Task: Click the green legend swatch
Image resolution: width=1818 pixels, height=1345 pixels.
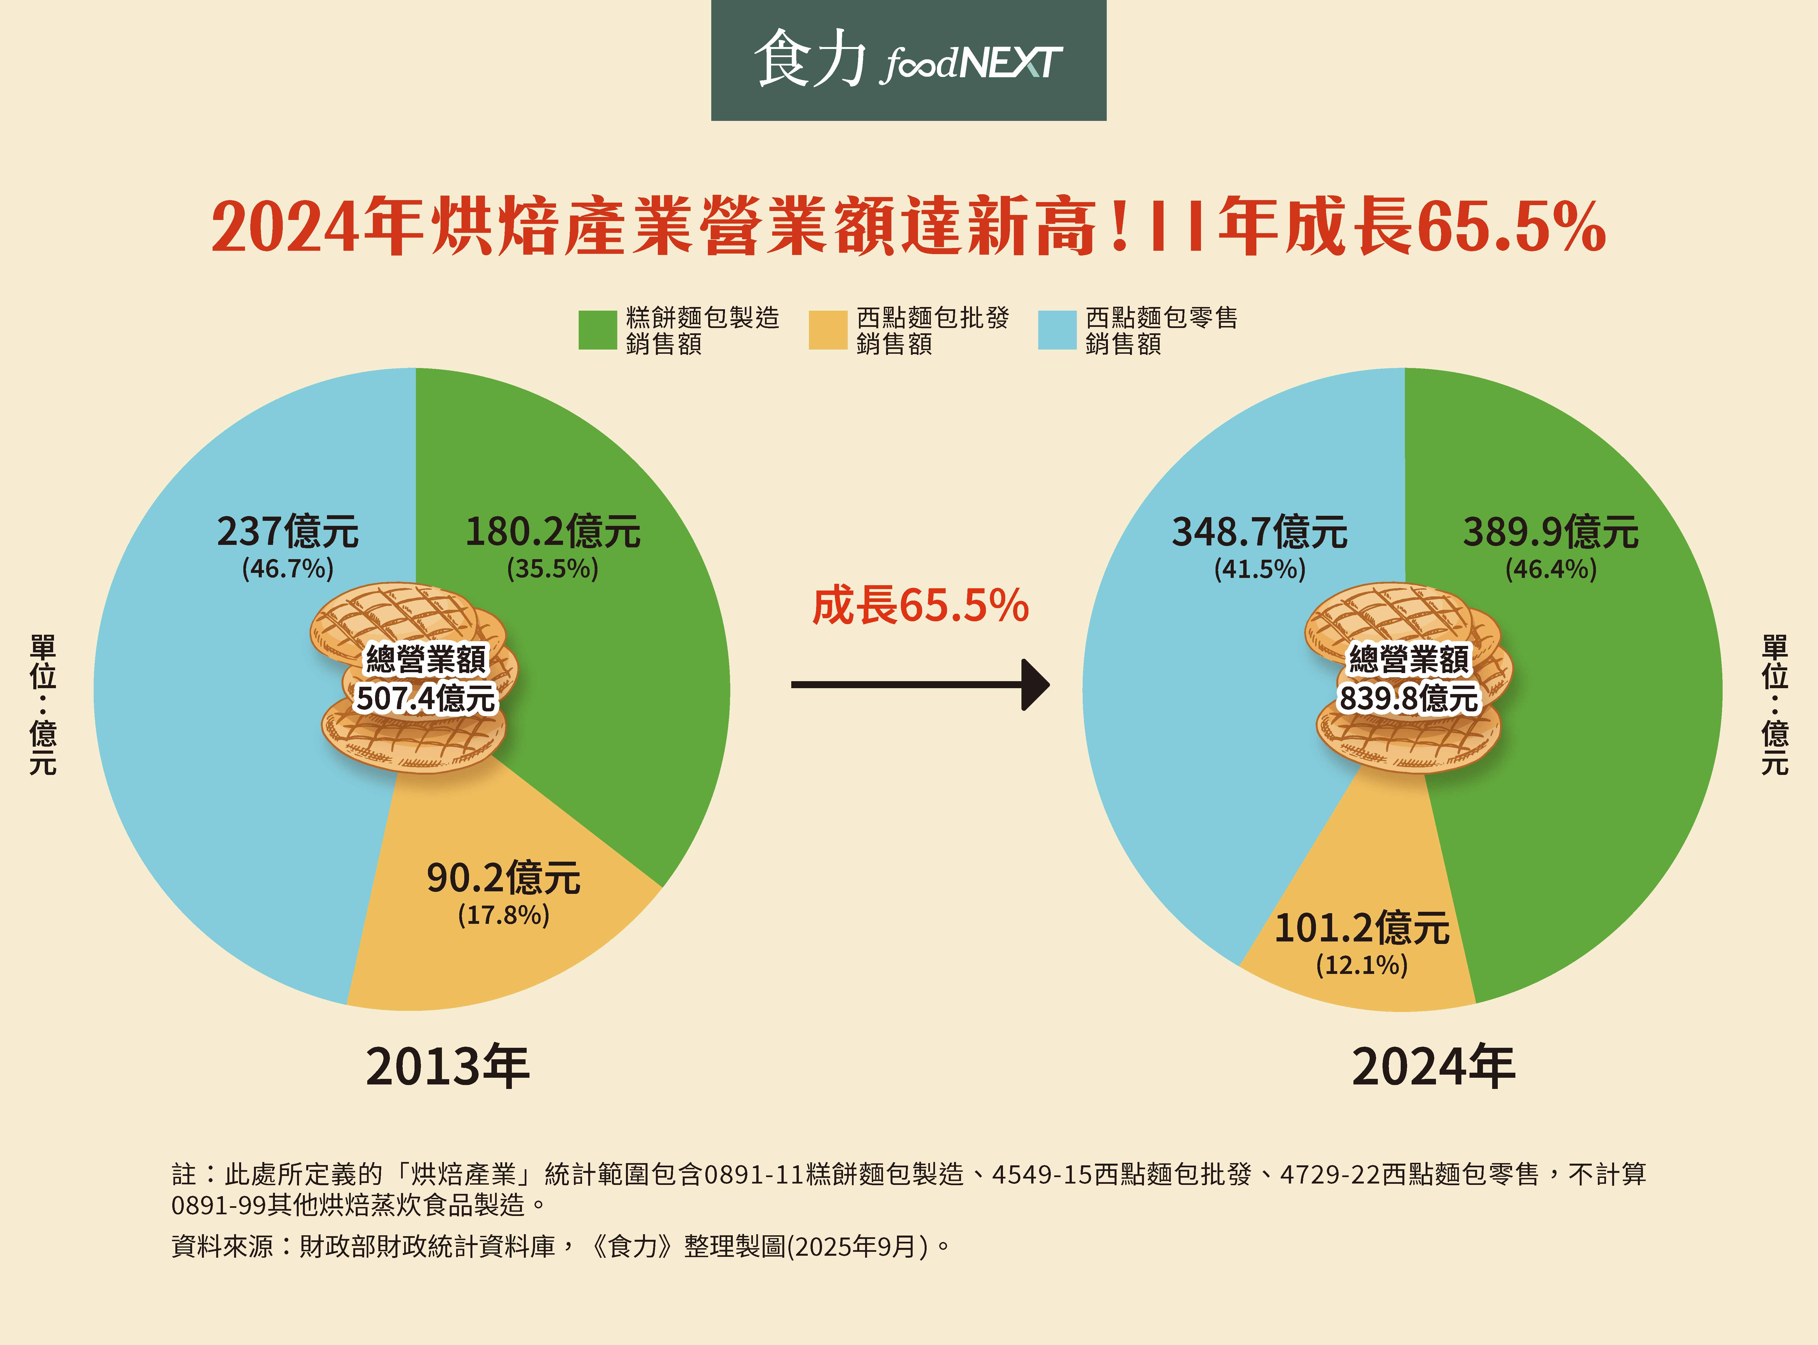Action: pos(597,330)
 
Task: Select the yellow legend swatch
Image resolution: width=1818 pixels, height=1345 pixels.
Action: pos(828,330)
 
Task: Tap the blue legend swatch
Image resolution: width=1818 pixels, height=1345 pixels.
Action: pos(1057,330)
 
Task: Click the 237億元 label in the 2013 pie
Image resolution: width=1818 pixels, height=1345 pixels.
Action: pos(287,532)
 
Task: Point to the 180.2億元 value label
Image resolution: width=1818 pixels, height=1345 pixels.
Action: pos(553,532)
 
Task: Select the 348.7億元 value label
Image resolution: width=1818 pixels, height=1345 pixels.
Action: pos(1259,532)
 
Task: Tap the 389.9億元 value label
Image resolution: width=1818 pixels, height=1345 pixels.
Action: pos(1550,532)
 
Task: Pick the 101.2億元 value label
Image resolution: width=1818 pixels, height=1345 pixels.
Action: pos(1362,928)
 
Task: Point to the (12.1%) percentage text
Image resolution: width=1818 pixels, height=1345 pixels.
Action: pos(1362,966)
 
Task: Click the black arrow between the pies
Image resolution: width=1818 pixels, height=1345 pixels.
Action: pos(920,685)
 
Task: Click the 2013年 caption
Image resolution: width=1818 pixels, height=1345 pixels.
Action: pos(448,1067)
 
